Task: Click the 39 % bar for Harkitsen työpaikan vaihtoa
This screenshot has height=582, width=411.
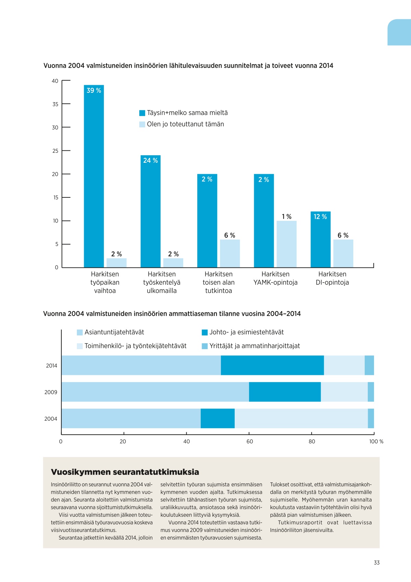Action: pyautogui.click(x=94, y=176)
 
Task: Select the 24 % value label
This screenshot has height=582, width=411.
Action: pyautogui.click(x=151, y=161)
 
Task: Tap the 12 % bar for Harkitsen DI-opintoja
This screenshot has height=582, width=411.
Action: pyautogui.click(x=320, y=239)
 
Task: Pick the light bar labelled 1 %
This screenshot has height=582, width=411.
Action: pyautogui.click(x=286, y=244)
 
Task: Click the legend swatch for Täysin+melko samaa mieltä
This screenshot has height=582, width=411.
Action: pyautogui.click(x=142, y=113)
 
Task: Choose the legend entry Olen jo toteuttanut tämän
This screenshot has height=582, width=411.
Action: pyautogui.click(x=181, y=124)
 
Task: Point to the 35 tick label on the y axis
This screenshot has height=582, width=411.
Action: pyautogui.click(x=55, y=104)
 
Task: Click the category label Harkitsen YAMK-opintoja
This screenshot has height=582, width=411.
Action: pyautogui.click(x=275, y=278)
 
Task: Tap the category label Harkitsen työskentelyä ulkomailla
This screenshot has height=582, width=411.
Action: pyautogui.click(x=162, y=283)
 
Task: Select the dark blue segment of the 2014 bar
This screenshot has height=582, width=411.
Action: pyautogui.click(x=272, y=365)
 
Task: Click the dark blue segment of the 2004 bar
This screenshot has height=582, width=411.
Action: pyautogui.click(x=218, y=418)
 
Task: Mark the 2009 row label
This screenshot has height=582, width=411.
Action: pyautogui.click(x=51, y=392)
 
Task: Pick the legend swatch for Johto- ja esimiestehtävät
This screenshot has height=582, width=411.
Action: pyautogui.click(x=204, y=332)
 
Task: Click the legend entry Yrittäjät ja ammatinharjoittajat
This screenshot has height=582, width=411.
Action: pyautogui.click(x=251, y=346)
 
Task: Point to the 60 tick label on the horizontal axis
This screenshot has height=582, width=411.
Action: pyautogui.click(x=249, y=442)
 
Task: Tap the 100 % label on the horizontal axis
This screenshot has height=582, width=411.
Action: pyautogui.click(x=376, y=442)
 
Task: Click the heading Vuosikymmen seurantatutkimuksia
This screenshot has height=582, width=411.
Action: pyautogui.click(x=125, y=472)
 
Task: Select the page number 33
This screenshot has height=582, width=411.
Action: pyautogui.click(x=377, y=562)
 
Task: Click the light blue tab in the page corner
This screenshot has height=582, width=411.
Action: pyautogui.click(x=399, y=32)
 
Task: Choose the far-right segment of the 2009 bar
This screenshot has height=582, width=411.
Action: pyautogui.click(x=371, y=392)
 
